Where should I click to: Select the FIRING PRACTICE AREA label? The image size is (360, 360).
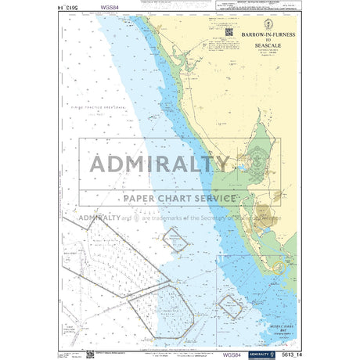click(98, 103)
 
